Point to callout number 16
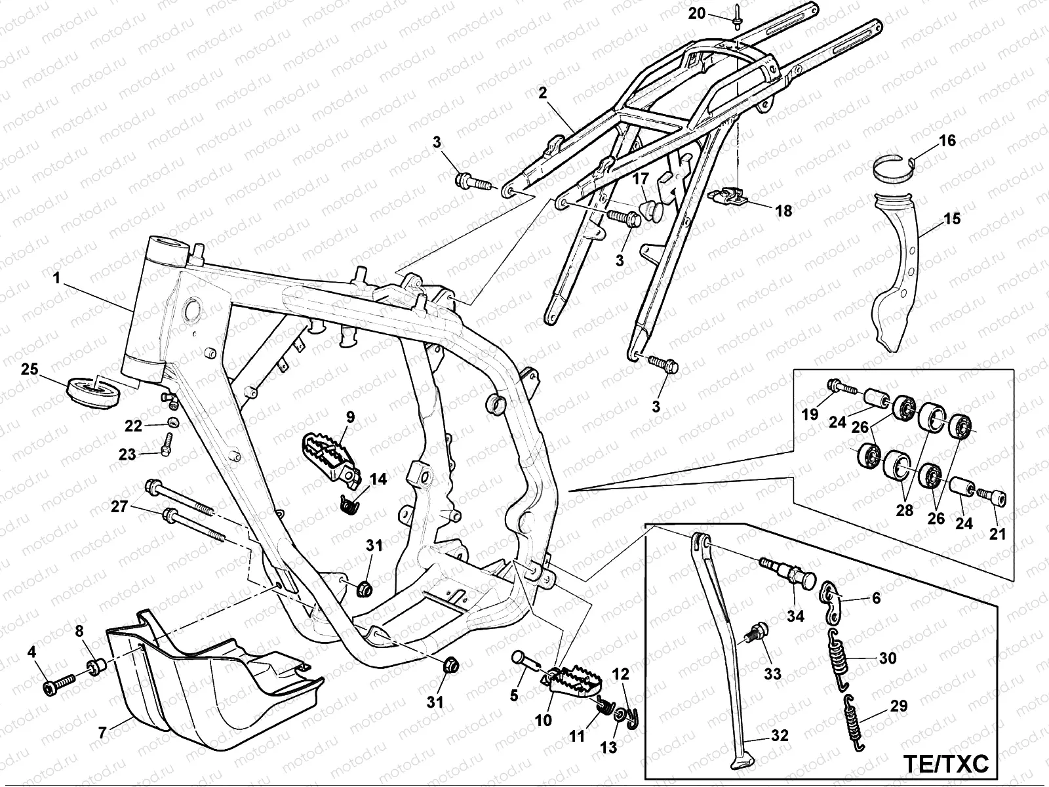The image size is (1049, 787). [947, 141]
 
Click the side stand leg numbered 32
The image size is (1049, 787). [724, 649]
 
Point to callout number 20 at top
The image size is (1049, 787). [696, 12]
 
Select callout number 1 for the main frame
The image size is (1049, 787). [57, 278]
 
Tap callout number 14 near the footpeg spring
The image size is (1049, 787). [378, 479]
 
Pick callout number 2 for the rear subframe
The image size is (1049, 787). [542, 93]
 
